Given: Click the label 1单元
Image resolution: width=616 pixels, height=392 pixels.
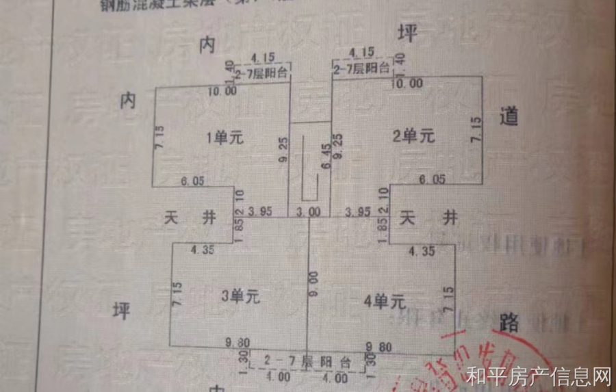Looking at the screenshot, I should [225, 138].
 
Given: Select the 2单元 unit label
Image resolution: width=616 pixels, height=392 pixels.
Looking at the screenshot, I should [414, 135].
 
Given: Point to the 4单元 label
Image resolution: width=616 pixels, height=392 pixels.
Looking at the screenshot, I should [386, 301].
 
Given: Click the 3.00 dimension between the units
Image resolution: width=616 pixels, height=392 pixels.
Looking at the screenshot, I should [308, 212].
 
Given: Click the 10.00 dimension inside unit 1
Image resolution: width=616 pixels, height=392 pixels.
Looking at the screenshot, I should [222, 90].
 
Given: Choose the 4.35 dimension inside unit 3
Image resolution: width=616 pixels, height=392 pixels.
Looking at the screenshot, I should [203, 250].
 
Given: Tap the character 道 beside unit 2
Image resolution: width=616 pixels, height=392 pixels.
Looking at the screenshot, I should [509, 117].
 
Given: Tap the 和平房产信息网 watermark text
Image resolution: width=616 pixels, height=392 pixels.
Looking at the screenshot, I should [538, 376].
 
